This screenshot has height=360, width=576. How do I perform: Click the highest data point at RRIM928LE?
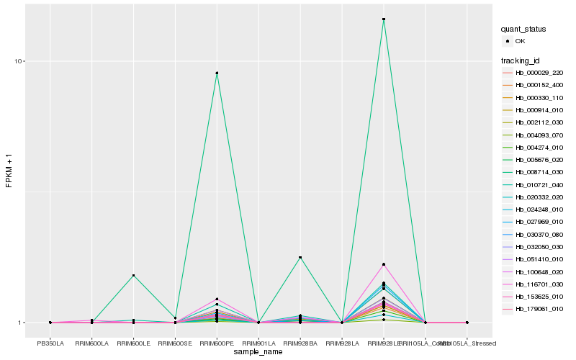384,19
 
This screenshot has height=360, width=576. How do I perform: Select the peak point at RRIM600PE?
217,73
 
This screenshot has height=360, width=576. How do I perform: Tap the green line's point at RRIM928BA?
300,257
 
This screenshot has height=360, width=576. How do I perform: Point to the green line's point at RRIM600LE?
133,276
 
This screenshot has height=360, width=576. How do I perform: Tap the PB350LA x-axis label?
50,343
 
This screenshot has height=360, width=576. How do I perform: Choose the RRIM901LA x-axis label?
258,343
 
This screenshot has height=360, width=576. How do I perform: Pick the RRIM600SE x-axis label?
175,343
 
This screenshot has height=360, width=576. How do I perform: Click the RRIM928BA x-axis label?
300,343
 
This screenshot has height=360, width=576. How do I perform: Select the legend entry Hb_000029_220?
539,73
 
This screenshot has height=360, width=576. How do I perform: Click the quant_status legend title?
523,30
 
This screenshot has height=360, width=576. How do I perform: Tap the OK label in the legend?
520,42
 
